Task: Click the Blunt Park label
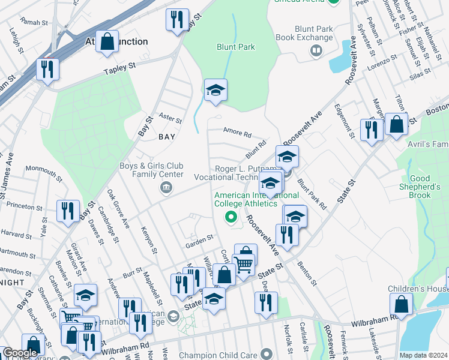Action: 236,47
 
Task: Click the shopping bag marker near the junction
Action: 107,42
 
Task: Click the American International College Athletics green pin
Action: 229,217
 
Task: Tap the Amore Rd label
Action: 237,135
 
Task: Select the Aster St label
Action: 170,116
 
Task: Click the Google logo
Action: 20,353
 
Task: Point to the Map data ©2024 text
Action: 423,355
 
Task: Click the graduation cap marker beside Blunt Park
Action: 215,91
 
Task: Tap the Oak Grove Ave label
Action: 118,209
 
